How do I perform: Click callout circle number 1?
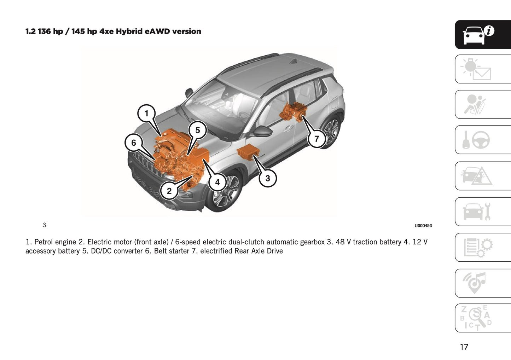pyautogui.click(x=146, y=114)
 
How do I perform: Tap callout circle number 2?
pyautogui.click(x=169, y=191)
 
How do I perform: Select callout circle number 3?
pyautogui.click(x=267, y=178)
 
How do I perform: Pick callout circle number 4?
pyautogui.click(x=217, y=182)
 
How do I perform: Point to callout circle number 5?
pyautogui.click(x=197, y=130)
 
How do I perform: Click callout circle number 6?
pyautogui.click(x=134, y=143)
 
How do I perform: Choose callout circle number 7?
pyautogui.click(x=317, y=139)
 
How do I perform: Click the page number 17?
pyautogui.click(x=464, y=347)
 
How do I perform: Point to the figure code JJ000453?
pyautogui.click(x=423, y=226)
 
